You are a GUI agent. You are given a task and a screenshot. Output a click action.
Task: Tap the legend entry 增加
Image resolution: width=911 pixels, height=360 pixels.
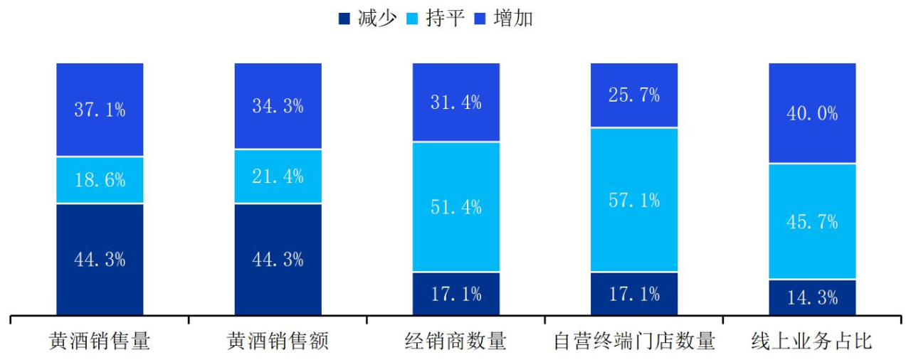(504, 18)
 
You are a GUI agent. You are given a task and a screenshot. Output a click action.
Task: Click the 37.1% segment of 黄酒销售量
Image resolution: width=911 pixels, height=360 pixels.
(100, 110)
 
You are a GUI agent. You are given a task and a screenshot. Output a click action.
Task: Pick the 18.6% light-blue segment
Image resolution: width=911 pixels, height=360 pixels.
(100, 180)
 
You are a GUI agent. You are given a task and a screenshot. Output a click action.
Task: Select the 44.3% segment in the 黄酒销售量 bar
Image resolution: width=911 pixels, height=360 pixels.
(100, 259)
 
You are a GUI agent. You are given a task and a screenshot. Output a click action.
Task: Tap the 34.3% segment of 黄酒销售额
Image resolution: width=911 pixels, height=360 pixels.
(278, 106)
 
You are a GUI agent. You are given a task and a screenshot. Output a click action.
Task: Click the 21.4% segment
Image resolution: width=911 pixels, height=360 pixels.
(278, 176)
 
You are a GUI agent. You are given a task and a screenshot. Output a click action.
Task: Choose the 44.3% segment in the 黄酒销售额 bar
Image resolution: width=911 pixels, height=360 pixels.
(278, 259)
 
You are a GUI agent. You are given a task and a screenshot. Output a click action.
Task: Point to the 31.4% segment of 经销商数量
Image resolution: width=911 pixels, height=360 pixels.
(455, 102)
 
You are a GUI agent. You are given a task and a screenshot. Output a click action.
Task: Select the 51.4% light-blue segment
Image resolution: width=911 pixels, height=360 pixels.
(455, 207)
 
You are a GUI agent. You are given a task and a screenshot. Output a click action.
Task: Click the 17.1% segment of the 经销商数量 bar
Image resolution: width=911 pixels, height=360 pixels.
(455, 293)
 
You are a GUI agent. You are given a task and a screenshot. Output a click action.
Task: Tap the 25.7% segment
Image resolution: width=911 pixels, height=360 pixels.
(633, 95)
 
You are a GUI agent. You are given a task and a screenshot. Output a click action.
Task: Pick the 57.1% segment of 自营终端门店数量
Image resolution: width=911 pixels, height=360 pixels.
(633, 200)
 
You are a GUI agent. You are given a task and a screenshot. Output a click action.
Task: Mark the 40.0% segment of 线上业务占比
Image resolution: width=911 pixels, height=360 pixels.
(812, 113)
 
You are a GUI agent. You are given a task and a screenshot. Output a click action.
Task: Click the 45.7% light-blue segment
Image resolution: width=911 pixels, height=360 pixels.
(812, 221)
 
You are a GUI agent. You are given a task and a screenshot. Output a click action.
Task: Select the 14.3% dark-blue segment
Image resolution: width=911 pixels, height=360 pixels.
(812, 297)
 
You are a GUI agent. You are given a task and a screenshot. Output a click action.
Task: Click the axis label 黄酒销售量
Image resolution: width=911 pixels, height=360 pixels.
(100, 342)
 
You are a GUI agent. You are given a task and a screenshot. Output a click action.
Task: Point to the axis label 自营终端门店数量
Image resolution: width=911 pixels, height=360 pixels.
(633, 342)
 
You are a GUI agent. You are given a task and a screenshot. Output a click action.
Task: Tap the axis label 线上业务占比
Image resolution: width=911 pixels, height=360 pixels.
(812, 342)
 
